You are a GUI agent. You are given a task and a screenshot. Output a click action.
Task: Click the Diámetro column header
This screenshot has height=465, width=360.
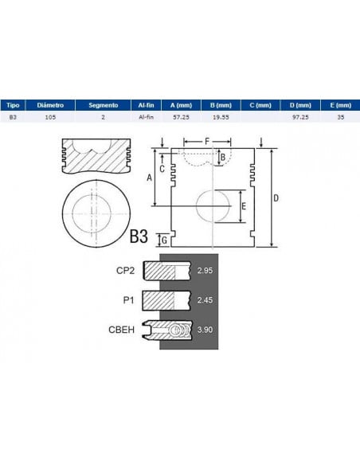coord(50,105)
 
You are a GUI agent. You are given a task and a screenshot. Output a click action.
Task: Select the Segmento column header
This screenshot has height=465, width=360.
coord(104,105)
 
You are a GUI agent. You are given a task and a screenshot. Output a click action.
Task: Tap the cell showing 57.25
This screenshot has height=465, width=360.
coord(181,117)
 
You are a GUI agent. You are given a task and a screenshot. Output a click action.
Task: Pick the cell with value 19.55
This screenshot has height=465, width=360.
coord(221,117)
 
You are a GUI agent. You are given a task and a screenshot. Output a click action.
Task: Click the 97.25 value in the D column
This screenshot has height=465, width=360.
coord(300,117)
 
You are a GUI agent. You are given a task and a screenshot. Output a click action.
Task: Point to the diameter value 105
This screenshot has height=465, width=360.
coord(50,117)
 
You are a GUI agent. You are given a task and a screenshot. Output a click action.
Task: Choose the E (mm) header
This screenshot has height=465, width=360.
coord(340,105)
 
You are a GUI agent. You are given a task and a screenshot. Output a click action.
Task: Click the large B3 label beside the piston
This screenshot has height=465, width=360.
coord(139,236)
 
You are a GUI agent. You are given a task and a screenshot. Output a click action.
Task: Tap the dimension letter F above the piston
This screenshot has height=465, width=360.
coord(207,142)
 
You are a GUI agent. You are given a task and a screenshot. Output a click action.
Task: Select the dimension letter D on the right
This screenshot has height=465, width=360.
coord(276,198)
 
